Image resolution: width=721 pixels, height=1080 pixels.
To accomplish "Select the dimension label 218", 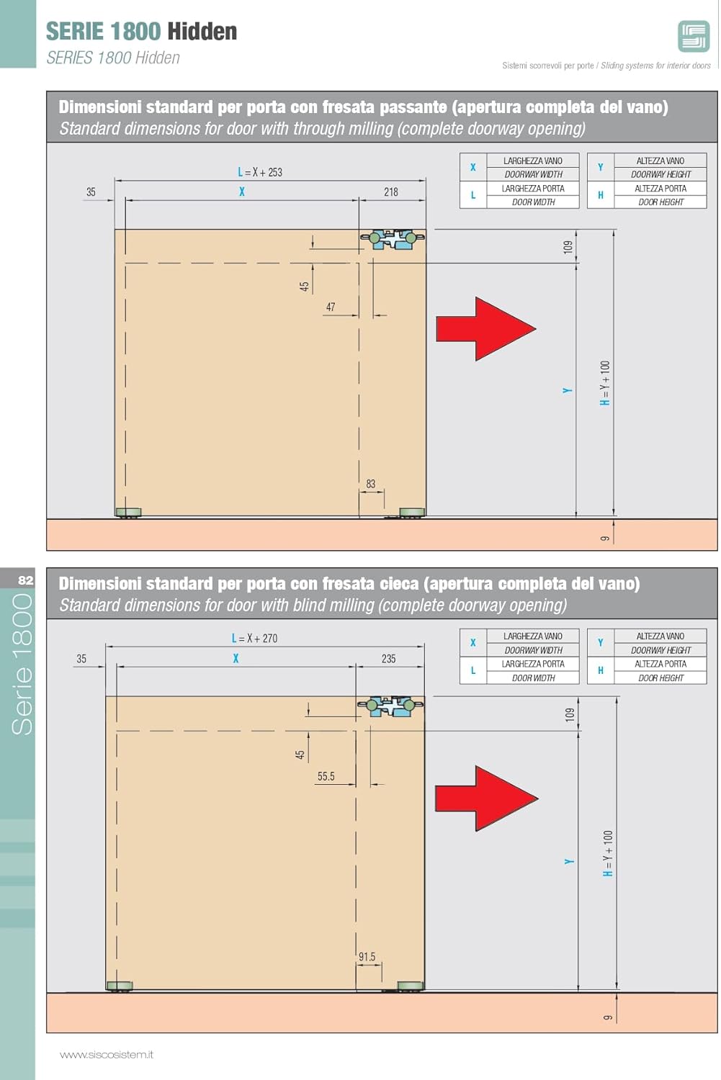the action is (390, 192).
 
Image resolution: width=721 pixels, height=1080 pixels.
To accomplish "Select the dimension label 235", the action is (388, 659).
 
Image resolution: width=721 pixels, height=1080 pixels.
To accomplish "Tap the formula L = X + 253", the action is (260, 172).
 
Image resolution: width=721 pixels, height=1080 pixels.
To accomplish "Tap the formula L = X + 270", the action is (255, 639).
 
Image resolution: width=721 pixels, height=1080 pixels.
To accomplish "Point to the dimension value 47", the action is (331, 307).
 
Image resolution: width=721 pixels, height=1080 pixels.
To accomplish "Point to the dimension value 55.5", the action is (326, 776).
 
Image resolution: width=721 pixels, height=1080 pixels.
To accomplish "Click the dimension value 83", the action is (370, 484).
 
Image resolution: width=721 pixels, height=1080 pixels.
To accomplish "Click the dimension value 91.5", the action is (367, 957).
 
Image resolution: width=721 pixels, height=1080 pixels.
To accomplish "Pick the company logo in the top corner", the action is (694, 36).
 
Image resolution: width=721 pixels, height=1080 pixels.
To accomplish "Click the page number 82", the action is (25, 580).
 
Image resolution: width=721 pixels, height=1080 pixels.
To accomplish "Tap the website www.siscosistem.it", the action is (107, 1055).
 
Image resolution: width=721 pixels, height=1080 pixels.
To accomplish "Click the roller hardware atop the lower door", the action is (390, 706).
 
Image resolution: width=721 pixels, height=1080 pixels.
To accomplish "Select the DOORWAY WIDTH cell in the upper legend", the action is (534, 174).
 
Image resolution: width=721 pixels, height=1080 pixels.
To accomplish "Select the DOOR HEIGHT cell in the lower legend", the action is (660, 678).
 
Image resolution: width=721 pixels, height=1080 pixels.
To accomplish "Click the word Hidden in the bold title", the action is (202, 32).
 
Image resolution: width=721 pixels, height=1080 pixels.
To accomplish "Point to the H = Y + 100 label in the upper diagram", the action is (605, 383).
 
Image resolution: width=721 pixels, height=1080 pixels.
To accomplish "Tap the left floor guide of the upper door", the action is (129, 513).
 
